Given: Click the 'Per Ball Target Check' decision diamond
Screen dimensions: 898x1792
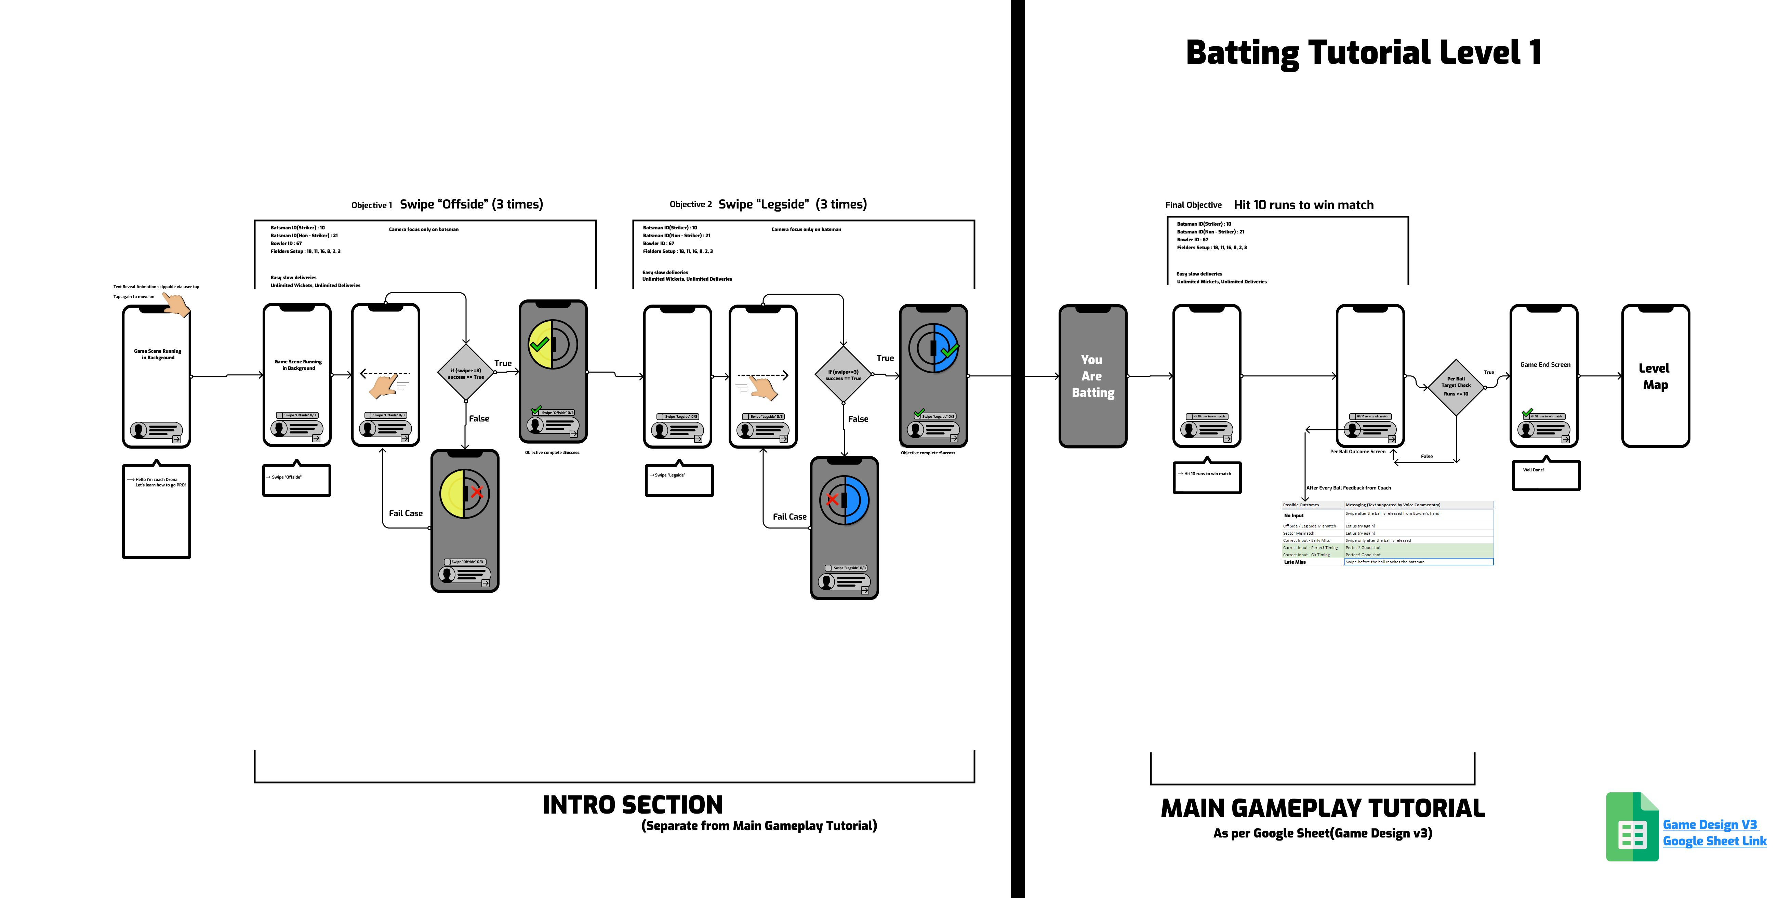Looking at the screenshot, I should pyautogui.click(x=1456, y=387).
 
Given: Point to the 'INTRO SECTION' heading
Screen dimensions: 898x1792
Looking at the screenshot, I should pyautogui.click(x=632, y=805).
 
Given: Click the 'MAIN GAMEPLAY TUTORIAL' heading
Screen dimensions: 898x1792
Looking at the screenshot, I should pyautogui.click(x=1323, y=808).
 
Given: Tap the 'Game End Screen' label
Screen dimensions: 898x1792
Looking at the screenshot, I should pyautogui.click(x=1545, y=364).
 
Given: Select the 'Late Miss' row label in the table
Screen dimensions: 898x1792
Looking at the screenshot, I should pyautogui.click(x=1295, y=562).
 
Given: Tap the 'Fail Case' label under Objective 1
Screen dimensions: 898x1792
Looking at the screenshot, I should pyautogui.click(x=406, y=513).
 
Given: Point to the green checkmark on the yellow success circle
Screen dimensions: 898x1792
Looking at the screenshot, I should pyautogui.click(x=539, y=344).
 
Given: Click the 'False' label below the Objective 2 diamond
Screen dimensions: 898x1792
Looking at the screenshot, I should pyautogui.click(x=858, y=419).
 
